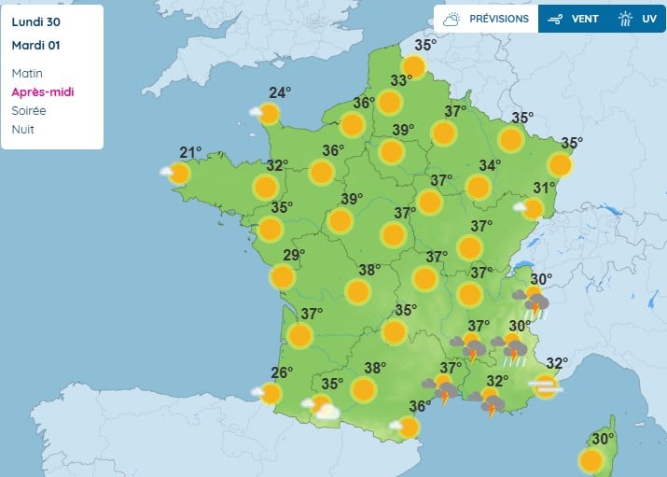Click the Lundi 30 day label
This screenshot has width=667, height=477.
35,21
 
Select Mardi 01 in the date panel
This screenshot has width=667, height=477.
36,44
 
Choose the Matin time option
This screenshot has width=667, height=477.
27,73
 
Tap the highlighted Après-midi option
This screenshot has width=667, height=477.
43,91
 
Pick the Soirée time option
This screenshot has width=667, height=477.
29,110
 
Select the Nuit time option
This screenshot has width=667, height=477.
23,129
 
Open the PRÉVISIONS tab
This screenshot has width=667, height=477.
486,19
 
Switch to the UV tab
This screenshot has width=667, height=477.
638,19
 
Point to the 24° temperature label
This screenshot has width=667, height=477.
280,92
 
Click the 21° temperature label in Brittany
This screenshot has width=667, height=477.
191,153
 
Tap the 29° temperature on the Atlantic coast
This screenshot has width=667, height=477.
294,256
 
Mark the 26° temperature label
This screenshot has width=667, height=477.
282,373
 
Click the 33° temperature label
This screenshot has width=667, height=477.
401,81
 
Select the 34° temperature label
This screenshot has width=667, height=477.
490,165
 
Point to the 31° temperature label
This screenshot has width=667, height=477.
544,188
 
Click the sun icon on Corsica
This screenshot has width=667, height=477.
591,460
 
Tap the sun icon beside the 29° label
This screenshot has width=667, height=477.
282,277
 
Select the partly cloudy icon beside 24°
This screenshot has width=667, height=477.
266,115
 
